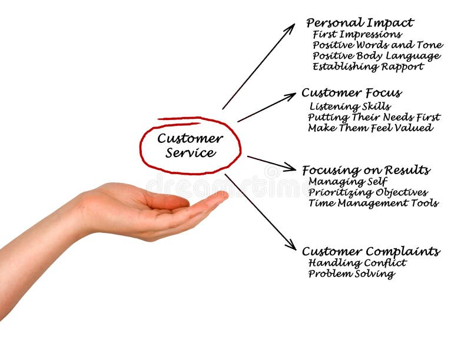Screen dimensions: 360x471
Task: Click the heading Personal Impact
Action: (x=360, y=23)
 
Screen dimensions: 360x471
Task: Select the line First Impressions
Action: (x=357, y=35)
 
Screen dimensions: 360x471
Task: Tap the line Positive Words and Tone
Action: (x=377, y=45)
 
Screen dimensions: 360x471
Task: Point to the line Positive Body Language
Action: (x=376, y=56)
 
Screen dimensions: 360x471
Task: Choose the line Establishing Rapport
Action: (x=368, y=67)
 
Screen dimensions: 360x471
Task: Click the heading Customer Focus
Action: (x=351, y=93)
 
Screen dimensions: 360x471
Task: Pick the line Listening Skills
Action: (x=350, y=106)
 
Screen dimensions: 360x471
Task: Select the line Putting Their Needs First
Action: (x=374, y=117)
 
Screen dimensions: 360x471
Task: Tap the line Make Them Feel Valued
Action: (x=370, y=128)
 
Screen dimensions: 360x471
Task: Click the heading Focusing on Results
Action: (x=366, y=171)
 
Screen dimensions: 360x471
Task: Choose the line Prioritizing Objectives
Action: (x=368, y=192)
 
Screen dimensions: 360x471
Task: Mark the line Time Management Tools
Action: (x=373, y=203)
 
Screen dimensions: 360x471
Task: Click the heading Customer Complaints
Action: (x=370, y=252)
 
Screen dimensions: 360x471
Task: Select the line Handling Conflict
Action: (x=357, y=263)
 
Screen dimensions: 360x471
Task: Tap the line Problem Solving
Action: (x=351, y=274)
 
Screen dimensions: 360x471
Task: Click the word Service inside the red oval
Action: (x=190, y=153)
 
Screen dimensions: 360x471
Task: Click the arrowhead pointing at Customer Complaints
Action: (x=292, y=246)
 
